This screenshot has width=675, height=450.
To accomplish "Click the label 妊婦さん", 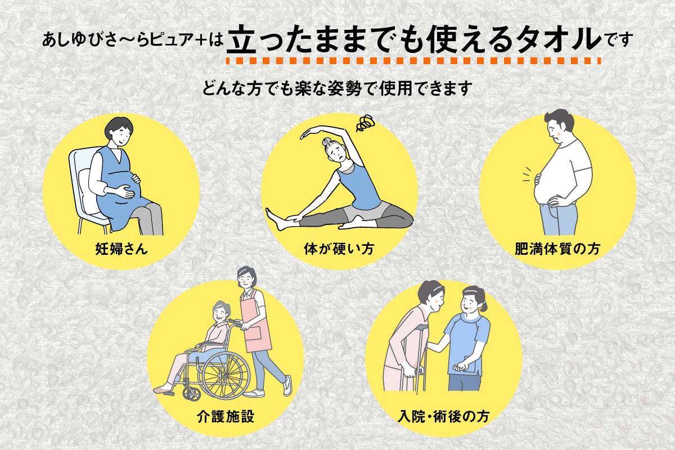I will tap(121, 248).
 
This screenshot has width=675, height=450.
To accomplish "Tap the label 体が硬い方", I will tap(339, 248).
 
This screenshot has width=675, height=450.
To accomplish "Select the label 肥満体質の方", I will tap(557, 248).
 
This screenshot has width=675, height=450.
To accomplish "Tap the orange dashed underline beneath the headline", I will tap(413, 60).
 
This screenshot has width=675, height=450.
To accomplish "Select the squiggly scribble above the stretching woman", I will tap(365, 123).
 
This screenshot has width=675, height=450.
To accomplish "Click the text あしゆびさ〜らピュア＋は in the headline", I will tap(135, 41).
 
